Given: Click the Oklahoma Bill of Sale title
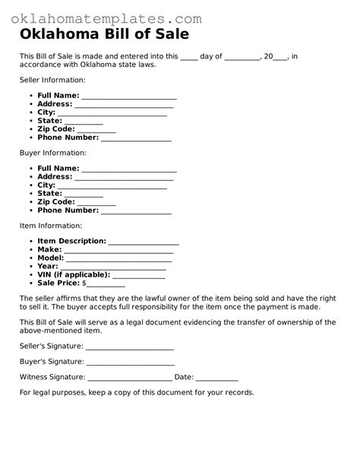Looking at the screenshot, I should [x=104, y=35].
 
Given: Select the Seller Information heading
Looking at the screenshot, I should [x=52, y=80].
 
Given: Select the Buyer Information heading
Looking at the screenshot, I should [x=52, y=153].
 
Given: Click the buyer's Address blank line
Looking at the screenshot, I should [x=124, y=179].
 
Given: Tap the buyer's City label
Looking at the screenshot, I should [x=46, y=185].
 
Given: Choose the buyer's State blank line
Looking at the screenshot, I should [x=84, y=195].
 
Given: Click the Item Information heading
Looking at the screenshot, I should [x=50, y=226].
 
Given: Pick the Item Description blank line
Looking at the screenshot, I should [x=144, y=243].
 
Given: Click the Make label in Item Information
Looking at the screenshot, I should [x=49, y=249].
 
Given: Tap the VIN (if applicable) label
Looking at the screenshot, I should [x=74, y=274].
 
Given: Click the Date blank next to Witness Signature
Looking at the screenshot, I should [x=216, y=379].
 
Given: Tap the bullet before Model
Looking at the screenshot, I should [x=31, y=258].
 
